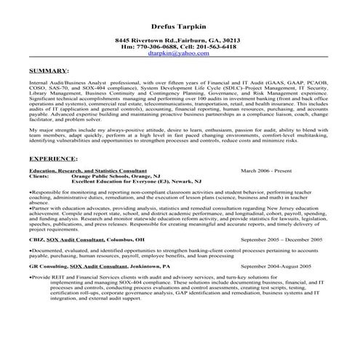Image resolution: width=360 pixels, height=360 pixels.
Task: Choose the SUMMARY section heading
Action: (x=49, y=72)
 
